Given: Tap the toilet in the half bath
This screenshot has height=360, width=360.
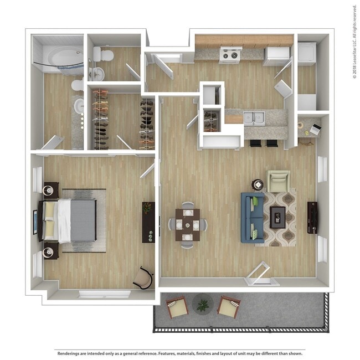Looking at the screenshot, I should pyautogui.click(x=103, y=54).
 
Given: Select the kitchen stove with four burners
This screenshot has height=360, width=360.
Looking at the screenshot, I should pyautogui.click(x=230, y=55).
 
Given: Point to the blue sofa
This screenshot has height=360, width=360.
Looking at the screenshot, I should pyautogui.click(x=252, y=217).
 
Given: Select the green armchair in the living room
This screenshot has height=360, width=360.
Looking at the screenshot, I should pyautogui.click(x=278, y=181).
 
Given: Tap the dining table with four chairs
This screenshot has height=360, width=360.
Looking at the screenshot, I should pyautogui.click(x=187, y=224).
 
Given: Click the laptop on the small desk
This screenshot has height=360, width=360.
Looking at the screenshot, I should pyautogui.click(x=314, y=130).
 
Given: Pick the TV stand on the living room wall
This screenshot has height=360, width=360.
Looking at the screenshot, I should pyautogui.click(x=313, y=217).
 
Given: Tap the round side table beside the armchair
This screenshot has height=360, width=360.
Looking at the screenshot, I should pyautogui.click(x=258, y=184).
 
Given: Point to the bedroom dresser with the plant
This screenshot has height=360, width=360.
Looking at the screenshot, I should pyautogui.click(x=148, y=222).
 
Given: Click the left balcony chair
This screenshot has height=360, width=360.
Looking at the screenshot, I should pyautogui.click(x=177, y=307).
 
